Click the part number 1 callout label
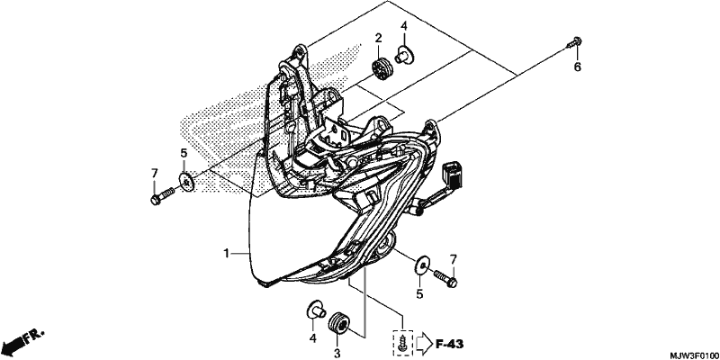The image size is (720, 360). pyautogui.click(x=226, y=253)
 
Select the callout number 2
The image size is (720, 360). pyautogui.click(x=378, y=39)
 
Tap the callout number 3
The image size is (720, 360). pyautogui.click(x=337, y=353)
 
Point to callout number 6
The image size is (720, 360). pyautogui.click(x=577, y=67)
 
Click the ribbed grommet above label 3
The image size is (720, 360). pyautogui.click(x=339, y=321)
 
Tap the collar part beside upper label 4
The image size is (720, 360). pyautogui.click(x=404, y=55)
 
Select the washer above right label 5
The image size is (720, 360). pyautogui.click(x=422, y=265)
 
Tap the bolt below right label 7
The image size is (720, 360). pyautogui.click(x=445, y=278)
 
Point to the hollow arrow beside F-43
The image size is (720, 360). pyautogui.click(x=424, y=344)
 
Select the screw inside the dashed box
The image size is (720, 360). pyautogui.click(x=402, y=342)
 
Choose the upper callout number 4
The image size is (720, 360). pyautogui.click(x=403, y=26)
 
